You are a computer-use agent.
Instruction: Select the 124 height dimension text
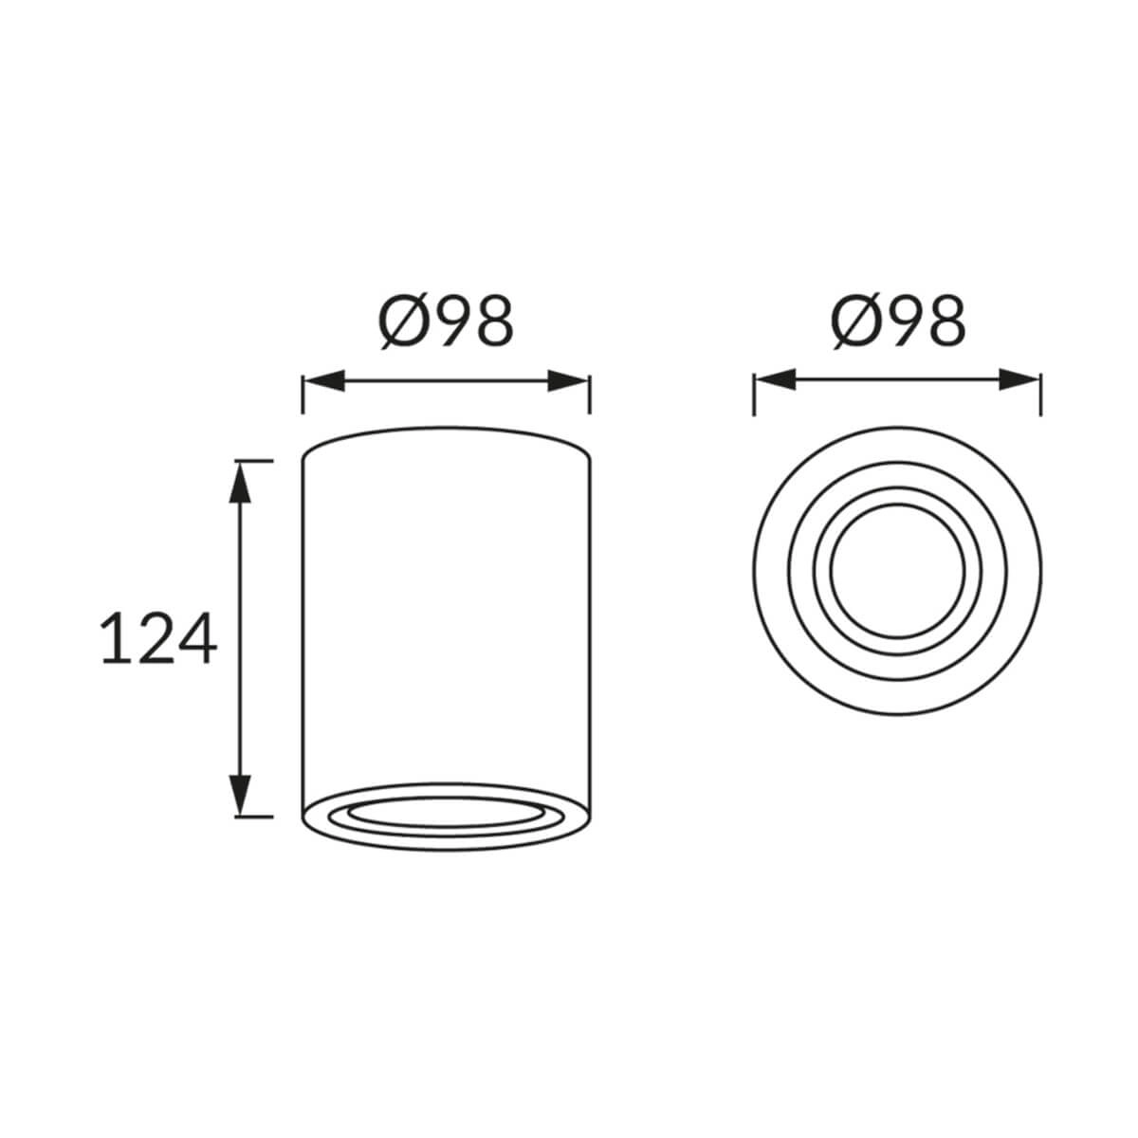(x=159, y=638)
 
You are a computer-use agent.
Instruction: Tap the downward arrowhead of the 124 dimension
(x=240, y=795)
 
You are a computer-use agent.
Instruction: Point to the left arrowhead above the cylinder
(x=323, y=381)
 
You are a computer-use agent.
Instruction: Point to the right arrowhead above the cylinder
(x=568, y=381)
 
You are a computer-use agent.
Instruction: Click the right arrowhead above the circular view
(x=1019, y=379)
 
